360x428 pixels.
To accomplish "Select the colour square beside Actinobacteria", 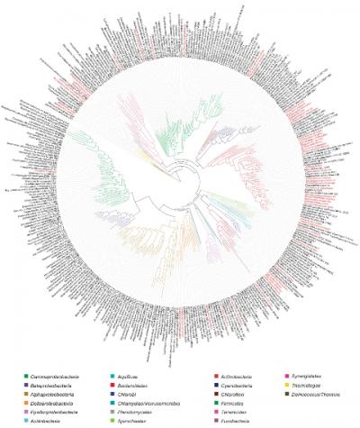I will [211, 375].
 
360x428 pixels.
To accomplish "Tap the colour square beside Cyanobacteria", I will [211, 385].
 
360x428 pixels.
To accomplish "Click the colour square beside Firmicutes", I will [211, 403].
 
